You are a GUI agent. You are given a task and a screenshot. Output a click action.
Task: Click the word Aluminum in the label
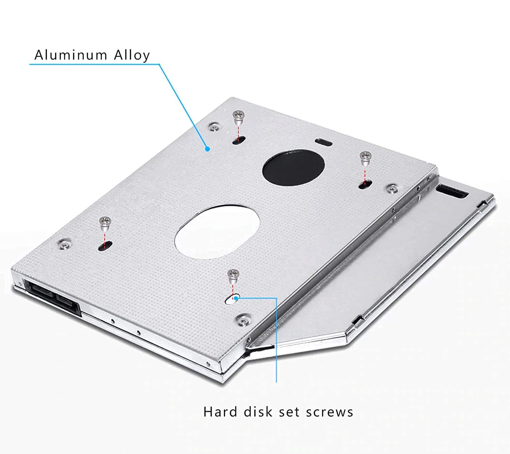[x=71, y=55]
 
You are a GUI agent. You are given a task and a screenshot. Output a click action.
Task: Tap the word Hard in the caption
[x=220, y=412]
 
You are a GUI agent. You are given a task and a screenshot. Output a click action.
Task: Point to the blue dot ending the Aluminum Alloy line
[x=207, y=149]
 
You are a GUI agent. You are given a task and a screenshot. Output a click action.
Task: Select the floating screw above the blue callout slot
[x=233, y=274]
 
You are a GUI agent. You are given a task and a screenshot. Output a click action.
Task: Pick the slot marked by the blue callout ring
[x=233, y=299]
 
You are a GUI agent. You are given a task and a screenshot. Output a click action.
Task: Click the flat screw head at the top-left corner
[x=214, y=127]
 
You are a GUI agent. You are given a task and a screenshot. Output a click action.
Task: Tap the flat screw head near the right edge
[x=393, y=188]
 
